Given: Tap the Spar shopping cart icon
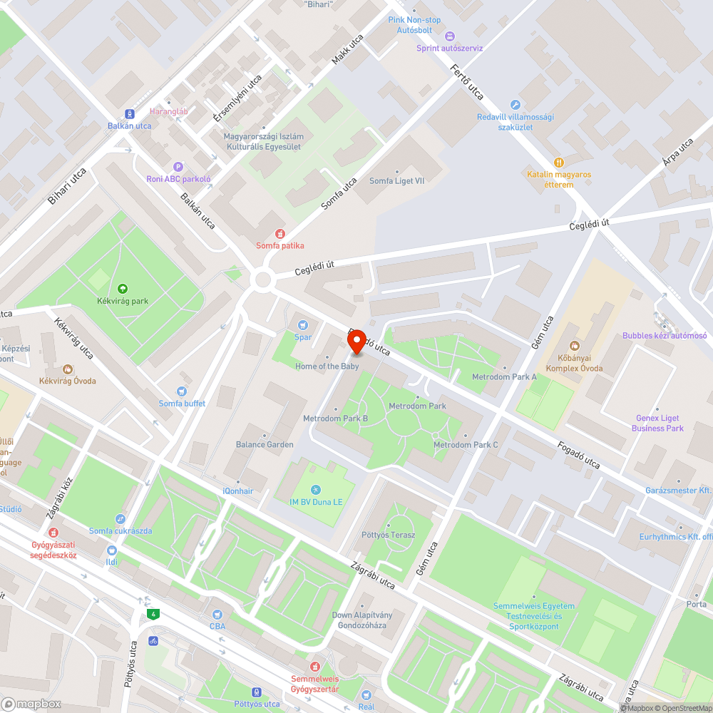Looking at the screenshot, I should pyautogui.click(x=303, y=324).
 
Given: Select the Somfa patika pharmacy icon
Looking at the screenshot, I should pyautogui.click(x=280, y=233).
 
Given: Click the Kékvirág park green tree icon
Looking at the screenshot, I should pyautogui.click(x=123, y=289).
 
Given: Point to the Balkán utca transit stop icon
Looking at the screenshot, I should pyautogui.click(x=130, y=113).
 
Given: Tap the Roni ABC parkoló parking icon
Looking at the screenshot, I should pyautogui.click(x=178, y=166).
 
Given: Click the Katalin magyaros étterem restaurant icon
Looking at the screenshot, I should pyautogui.click(x=559, y=162).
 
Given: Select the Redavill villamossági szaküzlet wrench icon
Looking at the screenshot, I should pyautogui.click(x=515, y=105).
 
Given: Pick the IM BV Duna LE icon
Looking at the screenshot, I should pyautogui.click(x=316, y=490).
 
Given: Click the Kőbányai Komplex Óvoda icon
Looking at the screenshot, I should pyautogui.click(x=575, y=346).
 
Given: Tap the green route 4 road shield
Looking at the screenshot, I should pyautogui.click(x=152, y=614).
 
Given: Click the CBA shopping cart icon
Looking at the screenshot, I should pyautogui.click(x=217, y=614).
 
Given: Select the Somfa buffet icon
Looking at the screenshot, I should pyautogui.click(x=182, y=391).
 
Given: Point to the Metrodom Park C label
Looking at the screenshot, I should pyautogui.click(x=466, y=445).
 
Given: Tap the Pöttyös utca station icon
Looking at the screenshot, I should pyautogui.click(x=257, y=692).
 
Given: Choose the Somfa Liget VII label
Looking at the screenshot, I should pyautogui.click(x=396, y=181).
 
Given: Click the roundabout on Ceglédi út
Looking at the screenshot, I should pyautogui.click(x=264, y=279).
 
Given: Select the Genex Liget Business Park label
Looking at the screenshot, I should pyautogui.click(x=657, y=423).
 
